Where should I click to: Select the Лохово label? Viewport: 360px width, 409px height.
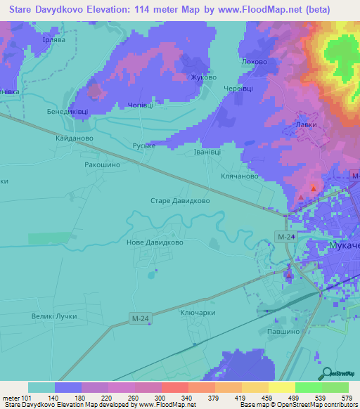[x=254, y=62]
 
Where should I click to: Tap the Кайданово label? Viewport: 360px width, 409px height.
[x=75, y=138]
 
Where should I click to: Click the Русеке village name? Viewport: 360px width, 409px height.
[x=143, y=146]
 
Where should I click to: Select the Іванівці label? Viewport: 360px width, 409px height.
[x=207, y=151]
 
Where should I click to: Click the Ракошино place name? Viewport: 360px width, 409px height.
[x=103, y=164]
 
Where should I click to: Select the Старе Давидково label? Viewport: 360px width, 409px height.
[x=180, y=200]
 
